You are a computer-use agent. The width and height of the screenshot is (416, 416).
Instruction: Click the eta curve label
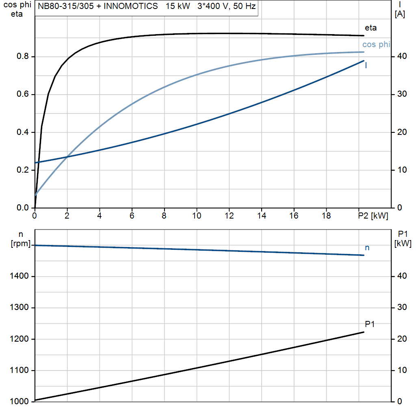(x=370, y=28)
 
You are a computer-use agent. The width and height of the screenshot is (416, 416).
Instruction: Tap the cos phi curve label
(x=376, y=45)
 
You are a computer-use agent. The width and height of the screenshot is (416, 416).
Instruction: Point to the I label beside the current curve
(x=366, y=65)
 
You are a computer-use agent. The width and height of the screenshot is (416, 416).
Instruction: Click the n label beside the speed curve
(x=367, y=248)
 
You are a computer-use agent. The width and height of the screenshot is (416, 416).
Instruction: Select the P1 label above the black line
(x=370, y=324)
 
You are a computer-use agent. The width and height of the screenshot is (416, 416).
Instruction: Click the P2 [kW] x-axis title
(x=373, y=216)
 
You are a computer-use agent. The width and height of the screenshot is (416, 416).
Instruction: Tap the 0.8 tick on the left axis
(x=23, y=56)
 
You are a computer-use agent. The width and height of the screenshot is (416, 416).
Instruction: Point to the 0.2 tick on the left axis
(x=23, y=170)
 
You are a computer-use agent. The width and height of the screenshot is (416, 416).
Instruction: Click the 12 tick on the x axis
(x=229, y=216)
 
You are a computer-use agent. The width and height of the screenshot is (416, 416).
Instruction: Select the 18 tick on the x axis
(x=326, y=216)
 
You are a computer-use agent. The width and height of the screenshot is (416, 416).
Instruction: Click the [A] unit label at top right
(x=400, y=15)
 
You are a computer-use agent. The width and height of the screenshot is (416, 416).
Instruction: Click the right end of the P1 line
(x=364, y=332)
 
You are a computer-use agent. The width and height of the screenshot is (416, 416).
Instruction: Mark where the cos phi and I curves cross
(x=67, y=157)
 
